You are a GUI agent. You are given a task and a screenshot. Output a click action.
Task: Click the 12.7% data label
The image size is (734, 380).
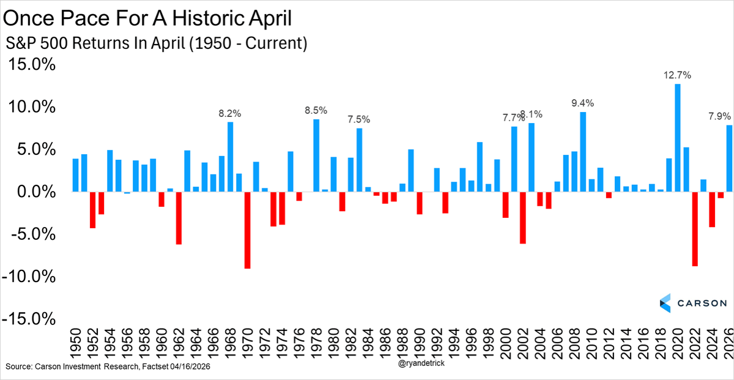click(x=677, y=75)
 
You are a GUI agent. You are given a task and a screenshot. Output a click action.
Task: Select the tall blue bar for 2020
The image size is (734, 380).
click(x=678, y=138)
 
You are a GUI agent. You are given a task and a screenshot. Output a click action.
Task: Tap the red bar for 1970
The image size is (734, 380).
click(x=247, y=230)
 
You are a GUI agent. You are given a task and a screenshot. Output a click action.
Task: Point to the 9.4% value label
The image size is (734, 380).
click(x=583, y=103)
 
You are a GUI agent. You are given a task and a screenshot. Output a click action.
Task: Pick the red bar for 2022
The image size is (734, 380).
click(x=695, y=229)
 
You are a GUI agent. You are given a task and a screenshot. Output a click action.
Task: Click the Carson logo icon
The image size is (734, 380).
click(x=665, y=303)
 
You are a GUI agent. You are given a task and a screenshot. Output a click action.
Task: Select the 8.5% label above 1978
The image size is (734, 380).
click(x=316, y=111)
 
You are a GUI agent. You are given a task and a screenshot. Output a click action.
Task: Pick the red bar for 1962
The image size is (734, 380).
click(x=179, y=218)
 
